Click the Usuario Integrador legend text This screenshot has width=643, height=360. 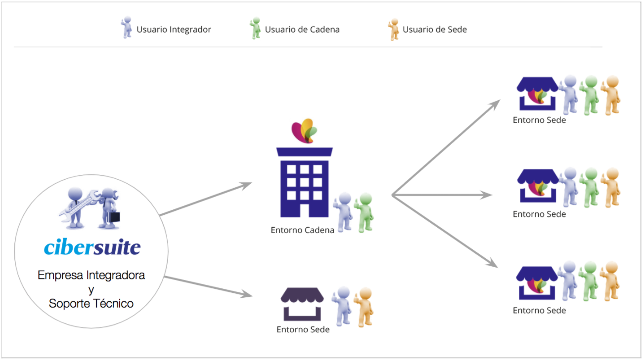click(x=174, y=30)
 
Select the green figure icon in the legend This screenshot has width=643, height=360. click(x=255, y=28)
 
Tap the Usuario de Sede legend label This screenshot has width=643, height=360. click(x=434, y=30)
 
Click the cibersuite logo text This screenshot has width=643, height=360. click(x=92, y=247)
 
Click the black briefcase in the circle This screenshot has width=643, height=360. click(x=114, y=216)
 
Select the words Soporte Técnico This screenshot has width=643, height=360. click(x=91, y=303)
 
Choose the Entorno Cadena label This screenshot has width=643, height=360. click(x=302, y=230)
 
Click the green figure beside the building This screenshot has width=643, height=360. click(x=365, y=212)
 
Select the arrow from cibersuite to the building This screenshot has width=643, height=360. click(x=205, y=199)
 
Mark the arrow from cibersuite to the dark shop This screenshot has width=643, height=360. click(x=208, y=286)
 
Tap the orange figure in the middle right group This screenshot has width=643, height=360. click(x=611, y=188)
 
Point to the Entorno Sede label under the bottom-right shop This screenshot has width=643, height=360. click(x=539, y=311)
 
